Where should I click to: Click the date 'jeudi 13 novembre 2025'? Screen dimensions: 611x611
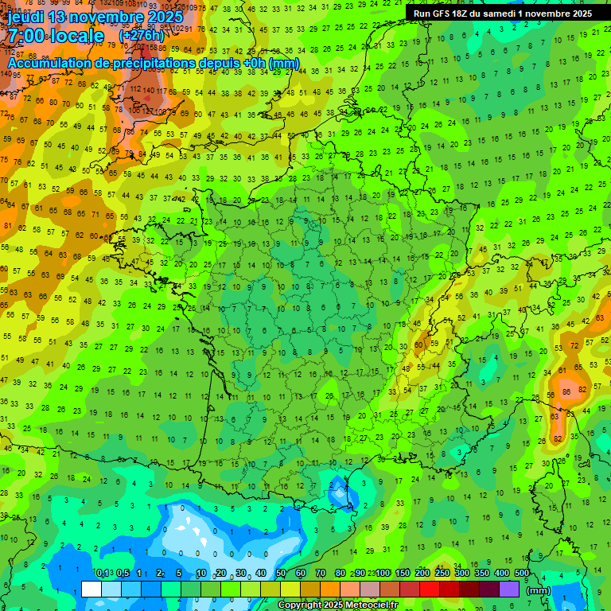(x=95, y=17)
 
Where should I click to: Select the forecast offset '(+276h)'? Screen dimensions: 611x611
(x=142, y=36)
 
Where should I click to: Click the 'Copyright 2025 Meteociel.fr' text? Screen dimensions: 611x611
(x=337, y=605)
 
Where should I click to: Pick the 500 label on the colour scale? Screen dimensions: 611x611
(x=522, y=573)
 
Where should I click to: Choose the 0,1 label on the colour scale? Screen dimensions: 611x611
(x=103, y=573)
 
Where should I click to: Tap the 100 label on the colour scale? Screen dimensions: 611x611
(x=383, y=573)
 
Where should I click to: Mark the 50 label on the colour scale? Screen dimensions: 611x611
(x=280, y=573)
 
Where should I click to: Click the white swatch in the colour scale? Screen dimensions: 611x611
(x=91, y=589)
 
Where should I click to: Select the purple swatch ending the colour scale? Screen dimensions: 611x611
(x=509, y=589)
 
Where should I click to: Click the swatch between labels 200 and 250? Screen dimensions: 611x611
(x=430, y=589)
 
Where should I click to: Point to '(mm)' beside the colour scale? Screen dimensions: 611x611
(x=539, y=590)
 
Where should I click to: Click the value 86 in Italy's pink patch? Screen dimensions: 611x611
(x=566, y=391)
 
